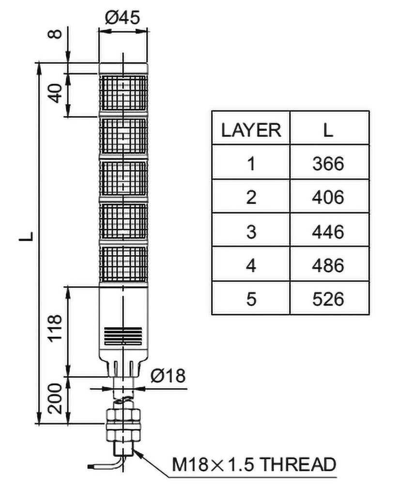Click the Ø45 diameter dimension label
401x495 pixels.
pos(123,18)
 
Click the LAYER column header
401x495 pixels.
pos(251,130)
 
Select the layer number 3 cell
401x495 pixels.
pos(251,232)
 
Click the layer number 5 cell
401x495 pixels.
pos(251,299)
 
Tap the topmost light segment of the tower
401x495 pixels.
pos(123,93)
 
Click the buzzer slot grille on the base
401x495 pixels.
pos(123,334)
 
